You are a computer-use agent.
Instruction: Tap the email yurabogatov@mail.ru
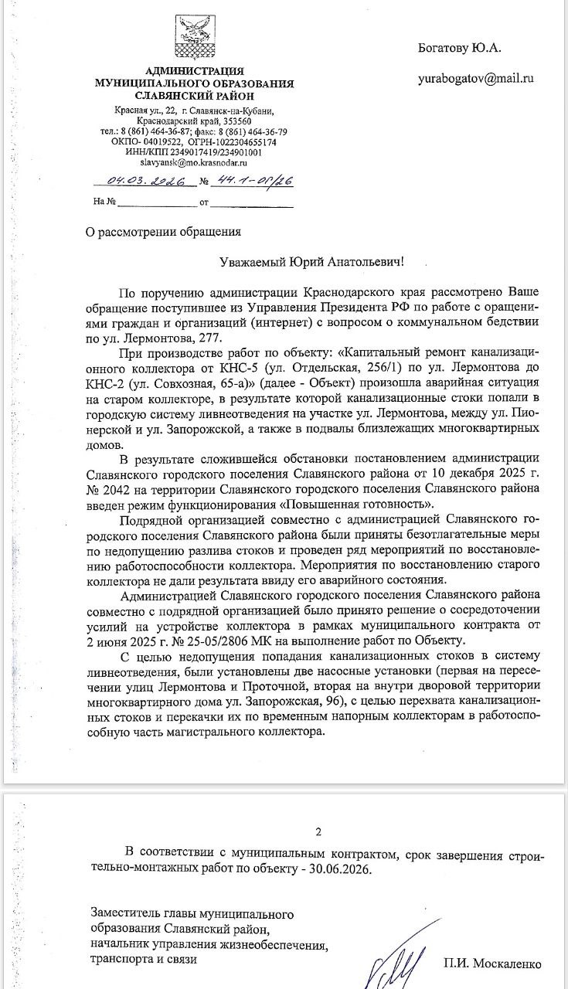click(476, 79)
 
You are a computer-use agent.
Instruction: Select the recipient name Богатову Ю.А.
click(460, 48)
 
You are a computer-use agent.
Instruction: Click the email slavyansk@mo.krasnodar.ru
click(193, 163)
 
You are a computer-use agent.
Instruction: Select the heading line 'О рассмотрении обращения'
click(163, 231)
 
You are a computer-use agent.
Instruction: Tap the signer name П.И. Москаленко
click(492, 964)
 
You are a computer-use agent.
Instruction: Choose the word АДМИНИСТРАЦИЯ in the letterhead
click(194, 71)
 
